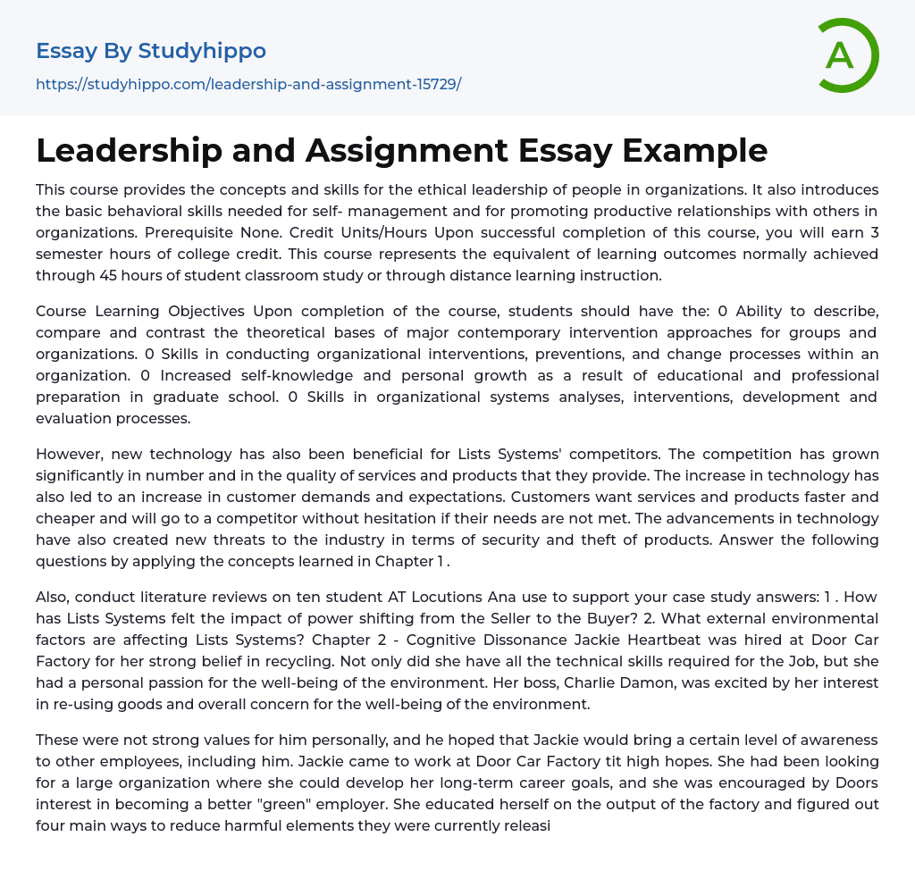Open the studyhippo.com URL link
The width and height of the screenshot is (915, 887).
point(248,85)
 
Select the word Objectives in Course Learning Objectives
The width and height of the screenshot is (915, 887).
point(211,311)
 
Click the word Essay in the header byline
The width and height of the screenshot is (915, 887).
point(65,51)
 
